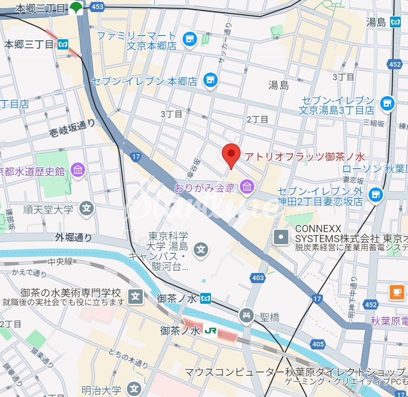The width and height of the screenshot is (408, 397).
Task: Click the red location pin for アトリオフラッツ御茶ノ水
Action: click(x=232, y=154)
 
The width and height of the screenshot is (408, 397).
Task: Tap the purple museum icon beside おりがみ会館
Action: click(x=247, y=186)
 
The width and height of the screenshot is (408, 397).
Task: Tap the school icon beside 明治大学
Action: click(x=135, y=388)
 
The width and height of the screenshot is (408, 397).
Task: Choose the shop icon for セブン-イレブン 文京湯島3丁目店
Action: click(x=387, y=102)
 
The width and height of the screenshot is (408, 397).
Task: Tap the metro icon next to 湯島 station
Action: click(x=396, y=22)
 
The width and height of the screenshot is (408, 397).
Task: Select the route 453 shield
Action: click(x=97, y=6)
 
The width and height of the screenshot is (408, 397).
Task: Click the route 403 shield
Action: click(x=258, y=277)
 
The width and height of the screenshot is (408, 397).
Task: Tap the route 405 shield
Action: click(x=318, y=344)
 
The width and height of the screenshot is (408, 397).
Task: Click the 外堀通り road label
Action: click(x=73, y=237)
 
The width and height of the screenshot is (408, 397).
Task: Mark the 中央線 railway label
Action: click(x=60, y=262)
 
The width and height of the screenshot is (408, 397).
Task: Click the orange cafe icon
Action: click(x=397, y=292)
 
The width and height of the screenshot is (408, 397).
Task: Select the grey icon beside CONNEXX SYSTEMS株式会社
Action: click(x=281, y=236)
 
